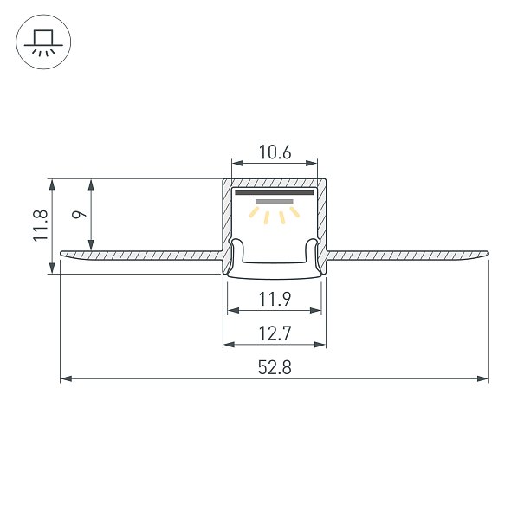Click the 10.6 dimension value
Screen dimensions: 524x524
click(275, 152)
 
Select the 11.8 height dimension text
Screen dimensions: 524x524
click(41, 225)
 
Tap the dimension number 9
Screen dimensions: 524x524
click(79, 214)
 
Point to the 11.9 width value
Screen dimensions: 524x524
click(275, 299)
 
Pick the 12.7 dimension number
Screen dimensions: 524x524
click(275, 333)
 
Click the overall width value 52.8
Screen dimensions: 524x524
click(275, 367)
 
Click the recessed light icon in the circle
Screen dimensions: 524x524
click(43, 42)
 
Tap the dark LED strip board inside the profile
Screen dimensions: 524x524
click(275, 192)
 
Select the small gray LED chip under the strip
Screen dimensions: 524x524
click(275, 202)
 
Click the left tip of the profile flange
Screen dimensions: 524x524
click(61, 253)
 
